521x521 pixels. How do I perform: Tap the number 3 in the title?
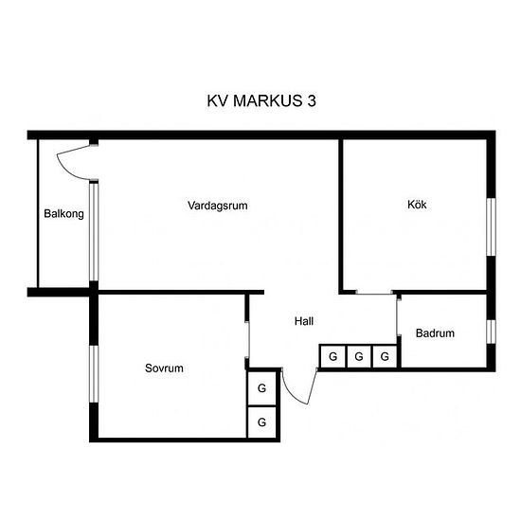tap(312, 100)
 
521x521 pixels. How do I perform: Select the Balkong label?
tap(63, 214)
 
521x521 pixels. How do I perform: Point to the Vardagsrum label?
tap(218, 206)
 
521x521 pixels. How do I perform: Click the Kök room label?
tap(417, 205)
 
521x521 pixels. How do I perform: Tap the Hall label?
tap(304, 321)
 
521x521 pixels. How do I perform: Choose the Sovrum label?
tap(164, 368)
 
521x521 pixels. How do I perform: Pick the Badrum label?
tap(435, 332)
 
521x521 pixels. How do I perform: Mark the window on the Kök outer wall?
tap(491, 227)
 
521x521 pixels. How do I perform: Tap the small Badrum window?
tap(491, 332)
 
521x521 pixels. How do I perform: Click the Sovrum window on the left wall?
tap(94, 374)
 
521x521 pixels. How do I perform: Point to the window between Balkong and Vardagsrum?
tap(94, 231)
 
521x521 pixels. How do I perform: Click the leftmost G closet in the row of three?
tap(332, 356)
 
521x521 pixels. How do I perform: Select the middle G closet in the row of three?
tap(359, 356)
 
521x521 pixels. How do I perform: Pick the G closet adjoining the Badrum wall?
tap(385, 356)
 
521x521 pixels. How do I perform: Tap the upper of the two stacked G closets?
tap(261, 388)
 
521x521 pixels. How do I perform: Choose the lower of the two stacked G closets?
tap(261, 422)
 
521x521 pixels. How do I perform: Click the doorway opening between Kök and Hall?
tap(374, 293)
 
